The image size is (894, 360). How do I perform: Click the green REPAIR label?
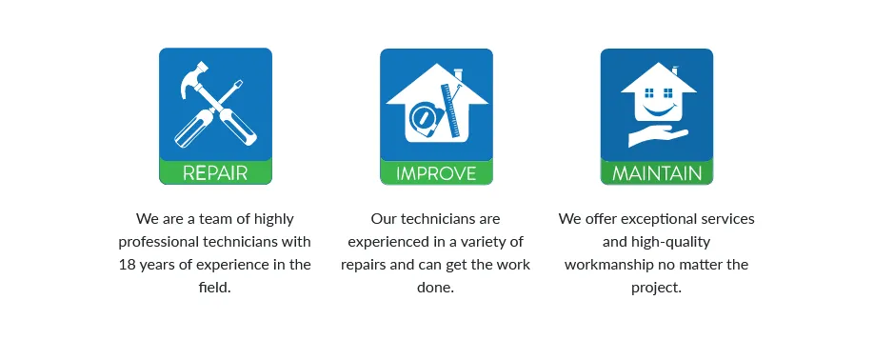(215, 173)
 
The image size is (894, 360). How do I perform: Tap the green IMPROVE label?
(436, 173)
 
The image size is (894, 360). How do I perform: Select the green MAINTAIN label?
(657, 173)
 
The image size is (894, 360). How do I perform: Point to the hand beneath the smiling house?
(657, 137)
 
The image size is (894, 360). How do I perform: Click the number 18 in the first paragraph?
(128, 265)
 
